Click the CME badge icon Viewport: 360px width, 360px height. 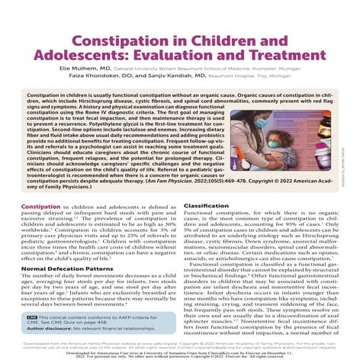(32, 315)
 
